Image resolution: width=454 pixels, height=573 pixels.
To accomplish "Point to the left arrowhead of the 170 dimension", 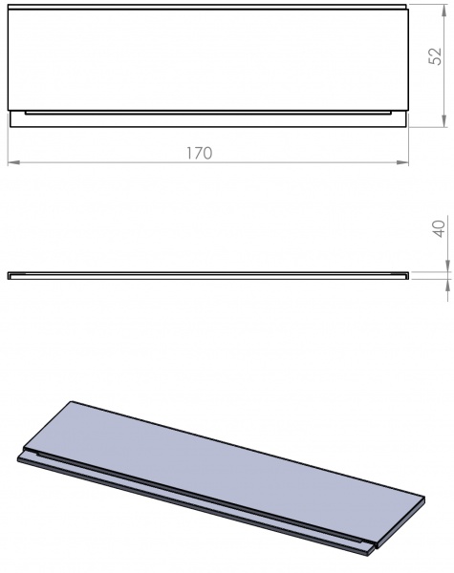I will pyautogui.click(x=12, y=162).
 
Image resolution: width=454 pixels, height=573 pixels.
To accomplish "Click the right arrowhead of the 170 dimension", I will pyautogui.click(x=405, y=162).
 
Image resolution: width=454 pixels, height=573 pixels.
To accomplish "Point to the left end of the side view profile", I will pyautogui.click(x=9, y=275).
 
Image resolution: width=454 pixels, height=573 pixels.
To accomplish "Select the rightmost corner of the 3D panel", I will pyautogui.click(x=423, y=497).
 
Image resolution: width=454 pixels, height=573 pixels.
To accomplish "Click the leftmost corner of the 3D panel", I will pyautogui.click(x=19, y=456).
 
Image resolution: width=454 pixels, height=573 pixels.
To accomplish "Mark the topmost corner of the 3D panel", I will pyautogui.click(x=72, y=400).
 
